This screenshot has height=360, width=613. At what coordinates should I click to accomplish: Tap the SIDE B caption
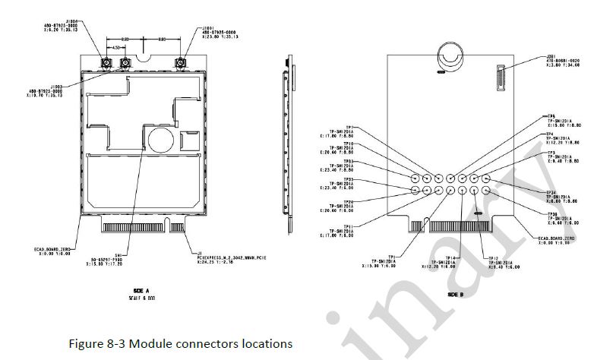click(x=456, y=293)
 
